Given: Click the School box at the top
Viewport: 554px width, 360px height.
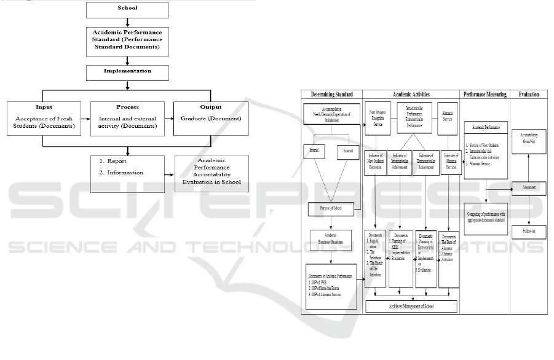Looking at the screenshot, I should coord(127,9).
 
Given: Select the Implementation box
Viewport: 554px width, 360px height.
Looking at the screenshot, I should coord(127,71).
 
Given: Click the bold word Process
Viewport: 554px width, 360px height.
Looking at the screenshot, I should coord(127,106).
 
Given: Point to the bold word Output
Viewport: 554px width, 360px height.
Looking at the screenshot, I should coord(212,106).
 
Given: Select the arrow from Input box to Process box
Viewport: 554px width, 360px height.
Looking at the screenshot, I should coord(85,119).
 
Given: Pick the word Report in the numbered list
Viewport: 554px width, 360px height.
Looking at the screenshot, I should coord(117,162).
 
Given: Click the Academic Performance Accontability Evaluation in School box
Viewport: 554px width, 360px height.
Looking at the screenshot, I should coord(212,173).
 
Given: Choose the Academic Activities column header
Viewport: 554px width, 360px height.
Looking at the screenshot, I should coord(411,95).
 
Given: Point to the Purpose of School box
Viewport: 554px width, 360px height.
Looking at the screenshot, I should coord(333,209).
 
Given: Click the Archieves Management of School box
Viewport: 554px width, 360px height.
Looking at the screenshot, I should coord(411,305).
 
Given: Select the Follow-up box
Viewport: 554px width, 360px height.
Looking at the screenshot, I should coord(528,230).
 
